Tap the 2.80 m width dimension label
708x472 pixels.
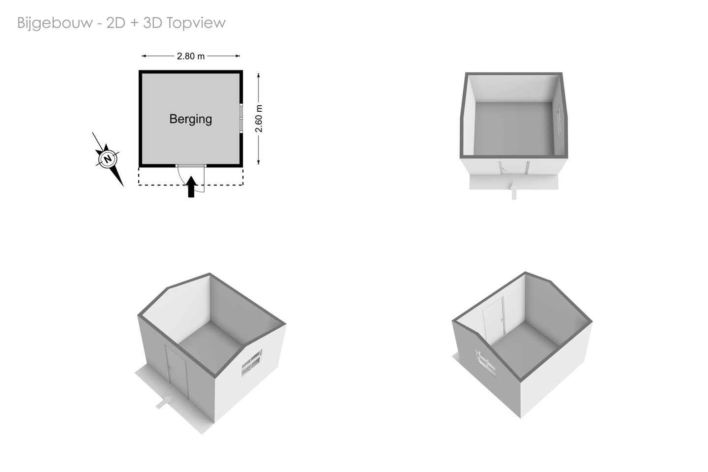(191, 56)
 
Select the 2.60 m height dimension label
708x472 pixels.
(259, 118)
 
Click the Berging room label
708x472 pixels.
(191, 119)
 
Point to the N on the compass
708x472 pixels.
(108, 158)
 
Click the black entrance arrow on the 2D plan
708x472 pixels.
(191, 187)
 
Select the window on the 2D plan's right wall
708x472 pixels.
(241, 118)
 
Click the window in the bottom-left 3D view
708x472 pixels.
(252, 363)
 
